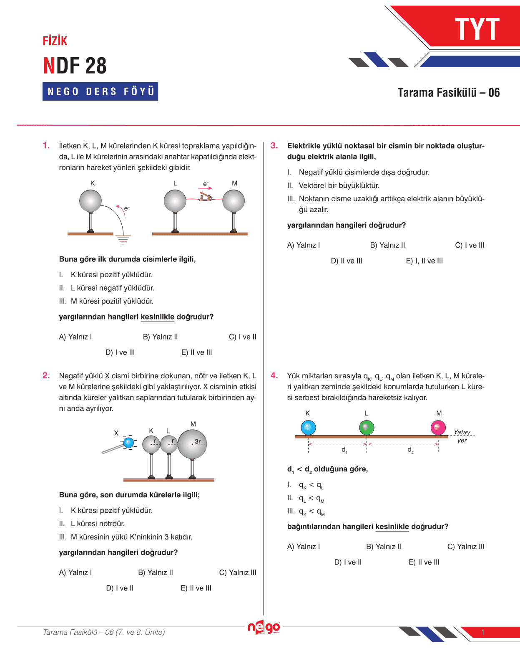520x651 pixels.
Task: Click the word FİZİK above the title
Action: pos(55,41)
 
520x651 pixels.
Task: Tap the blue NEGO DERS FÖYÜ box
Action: pos(100,91)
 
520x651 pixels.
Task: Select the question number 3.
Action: pos(274,146)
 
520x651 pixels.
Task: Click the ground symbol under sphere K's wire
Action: pos(123,239)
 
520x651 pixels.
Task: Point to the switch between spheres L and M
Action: pos(206,196)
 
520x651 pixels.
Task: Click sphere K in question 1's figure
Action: pos(90,201)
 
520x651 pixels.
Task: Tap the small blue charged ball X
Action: pos(128,443)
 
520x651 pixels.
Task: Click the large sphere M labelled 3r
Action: pos(192,443)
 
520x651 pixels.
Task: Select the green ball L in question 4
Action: pos(367,428)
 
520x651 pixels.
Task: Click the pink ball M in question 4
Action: pos(438,428)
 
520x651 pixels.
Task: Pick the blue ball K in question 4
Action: pos(308,428)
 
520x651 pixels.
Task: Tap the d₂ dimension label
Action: pos(410,450)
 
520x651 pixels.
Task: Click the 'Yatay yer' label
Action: pos(462,436)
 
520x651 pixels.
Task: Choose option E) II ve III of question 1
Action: pos(196,352)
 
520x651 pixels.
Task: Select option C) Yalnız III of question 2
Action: pos(238,572)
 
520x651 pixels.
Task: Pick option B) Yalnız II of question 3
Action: pos(387,245)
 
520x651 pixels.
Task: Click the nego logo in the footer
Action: pos(264,627)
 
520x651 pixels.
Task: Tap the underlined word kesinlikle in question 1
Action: pos(157,317)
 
